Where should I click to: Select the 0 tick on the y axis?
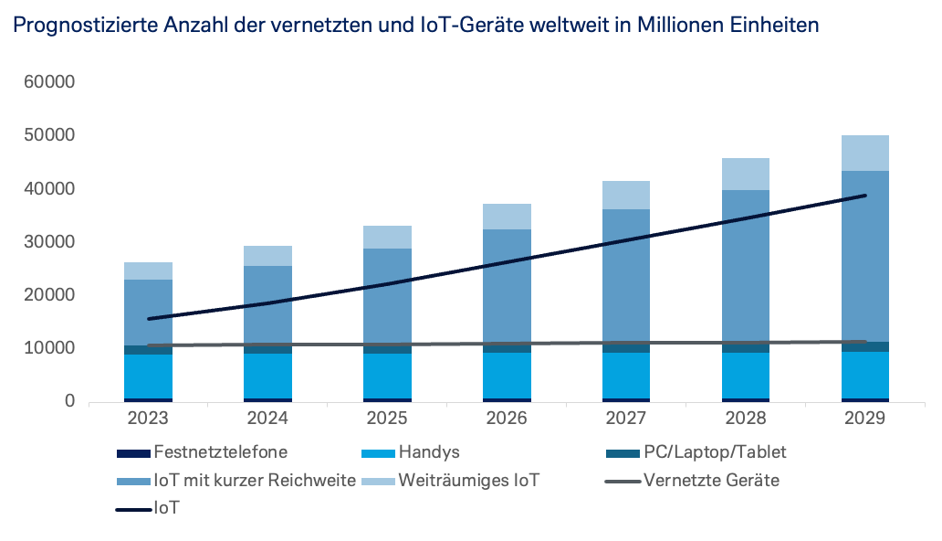pos(68,402)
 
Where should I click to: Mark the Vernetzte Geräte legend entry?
pos(711,480)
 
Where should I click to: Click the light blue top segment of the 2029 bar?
pos(865,153)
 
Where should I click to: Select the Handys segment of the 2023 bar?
pos(148,376)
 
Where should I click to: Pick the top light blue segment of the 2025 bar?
pos(387,237)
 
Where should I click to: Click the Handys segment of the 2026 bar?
pos(507,375)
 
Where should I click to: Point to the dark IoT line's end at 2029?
pos(865,196)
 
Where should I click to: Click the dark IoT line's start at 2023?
pos(148,319)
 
